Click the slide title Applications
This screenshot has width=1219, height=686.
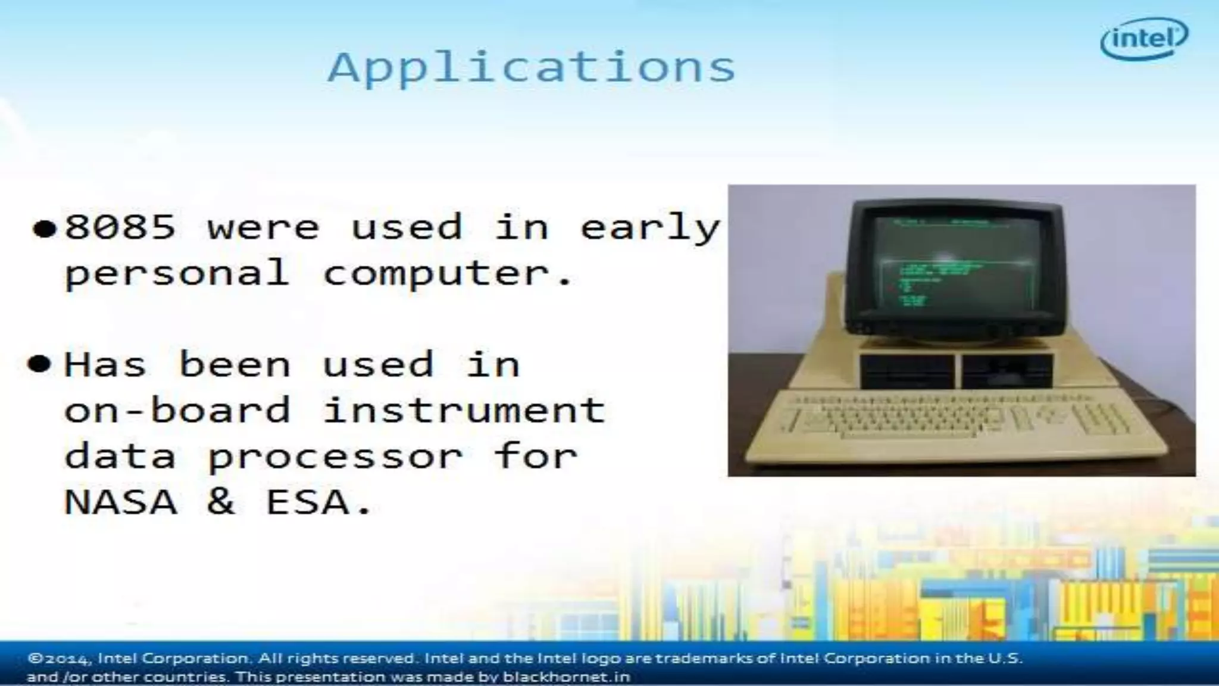pyautogui.click(x=532, y=67)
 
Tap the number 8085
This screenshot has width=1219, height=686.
pyautogui.click(x=120, y=227)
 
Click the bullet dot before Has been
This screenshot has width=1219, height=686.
pyautogui.click(x=39, y=364)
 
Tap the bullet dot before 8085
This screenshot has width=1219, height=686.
pyautogui.click(x=45, y=229)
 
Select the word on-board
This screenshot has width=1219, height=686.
pyautogui.click(x=177, y=410)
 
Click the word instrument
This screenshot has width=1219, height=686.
pyautogui.click(x=464, y=410)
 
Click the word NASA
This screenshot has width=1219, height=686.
pyautogui.click(x=120, y=502)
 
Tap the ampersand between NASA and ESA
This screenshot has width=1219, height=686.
pyautogui.click(x=221, y=502)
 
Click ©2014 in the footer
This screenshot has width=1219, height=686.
pyautogui.click(x=59, y=659)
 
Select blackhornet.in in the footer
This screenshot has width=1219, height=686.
pyautogui.click(x=566, y=677)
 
